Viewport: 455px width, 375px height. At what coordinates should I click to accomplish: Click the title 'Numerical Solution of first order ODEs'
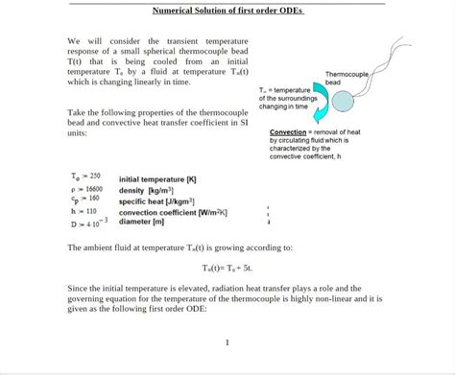pyautogui.click(x=227, y=12)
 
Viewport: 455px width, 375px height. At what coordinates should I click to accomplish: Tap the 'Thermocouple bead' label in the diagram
pyautogui.click(x=346, y=78)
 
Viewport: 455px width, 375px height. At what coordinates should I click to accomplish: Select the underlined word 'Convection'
pyautogui.click(x=288, y=131)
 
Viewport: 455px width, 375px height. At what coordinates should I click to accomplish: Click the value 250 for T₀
pyautogui.click(x=94, y=176)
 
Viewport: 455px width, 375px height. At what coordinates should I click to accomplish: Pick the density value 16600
pyautogui.click(x=94, y=189)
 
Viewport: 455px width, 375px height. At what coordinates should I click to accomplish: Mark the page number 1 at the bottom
pyautogui.click(x=227, y=342)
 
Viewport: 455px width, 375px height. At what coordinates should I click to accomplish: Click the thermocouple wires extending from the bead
pyautogui.click(x=389, y=58)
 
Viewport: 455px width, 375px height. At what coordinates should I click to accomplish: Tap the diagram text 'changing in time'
pyautogui.click(x=283, y=106)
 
